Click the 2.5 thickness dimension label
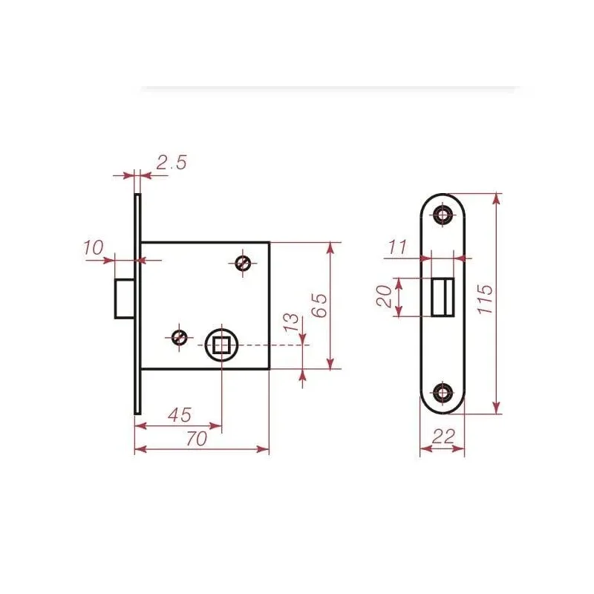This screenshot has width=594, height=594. point(171,163)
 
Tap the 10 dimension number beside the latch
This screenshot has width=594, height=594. point(93,247)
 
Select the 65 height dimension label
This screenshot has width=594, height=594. point(319,304)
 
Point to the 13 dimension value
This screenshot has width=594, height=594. point(292,324)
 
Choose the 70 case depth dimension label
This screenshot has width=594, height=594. point(196,439)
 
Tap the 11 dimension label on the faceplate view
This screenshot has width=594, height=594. point(398,247)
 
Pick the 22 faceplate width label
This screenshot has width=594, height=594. point(443,437)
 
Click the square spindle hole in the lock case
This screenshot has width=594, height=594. point(221,345)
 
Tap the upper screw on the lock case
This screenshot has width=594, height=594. point(242,263)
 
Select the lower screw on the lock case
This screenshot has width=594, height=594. point(178,337)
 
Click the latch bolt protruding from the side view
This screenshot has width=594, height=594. point(124,298)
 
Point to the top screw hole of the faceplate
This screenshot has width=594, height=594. point(443,215)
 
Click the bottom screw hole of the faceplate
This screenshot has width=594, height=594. point(443,393)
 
